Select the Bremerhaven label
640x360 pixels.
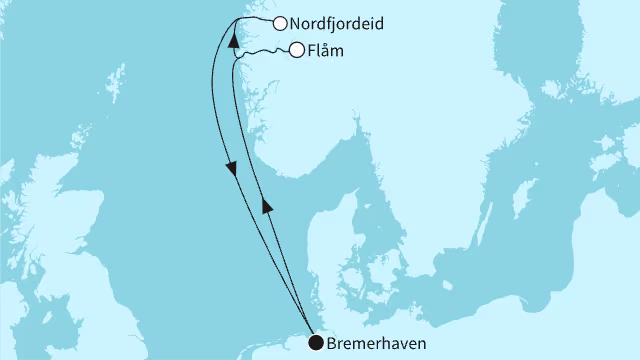(374, 344)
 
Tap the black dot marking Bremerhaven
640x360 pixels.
(316, 344)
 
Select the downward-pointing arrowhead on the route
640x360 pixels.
(233, 170)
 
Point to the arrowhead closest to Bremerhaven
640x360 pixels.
(267, 205)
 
